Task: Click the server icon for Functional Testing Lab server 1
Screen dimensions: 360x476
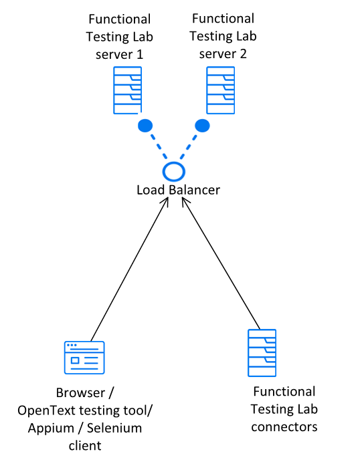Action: pos(128,90)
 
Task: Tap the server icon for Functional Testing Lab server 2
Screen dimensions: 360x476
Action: pos(221,90)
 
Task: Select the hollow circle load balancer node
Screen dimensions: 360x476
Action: pos(174,172)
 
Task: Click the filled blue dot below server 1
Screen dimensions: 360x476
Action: pos(145,126)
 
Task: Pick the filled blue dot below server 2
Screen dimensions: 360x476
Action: pos(202,126)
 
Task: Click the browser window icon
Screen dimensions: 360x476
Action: pos(84,358)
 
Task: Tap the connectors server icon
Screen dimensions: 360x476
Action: pos(262,353)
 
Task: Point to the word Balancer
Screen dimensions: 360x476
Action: pos(195,190)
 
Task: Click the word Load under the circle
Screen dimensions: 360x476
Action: pos(151,190)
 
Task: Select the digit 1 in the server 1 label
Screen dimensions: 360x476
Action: pos(139,54)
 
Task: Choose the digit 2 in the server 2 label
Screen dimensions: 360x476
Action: pos(243,53)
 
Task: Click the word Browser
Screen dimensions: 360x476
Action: pos(80,393)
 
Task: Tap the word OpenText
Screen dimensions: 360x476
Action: pos(46,410)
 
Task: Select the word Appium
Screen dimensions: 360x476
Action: pos(51,429)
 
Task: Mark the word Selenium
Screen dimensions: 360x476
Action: pos(114,428)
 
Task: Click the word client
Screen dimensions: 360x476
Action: pos(85,446)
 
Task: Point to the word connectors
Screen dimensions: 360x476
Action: pos(284,427)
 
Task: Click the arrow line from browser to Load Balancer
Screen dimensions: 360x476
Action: pos(129,269)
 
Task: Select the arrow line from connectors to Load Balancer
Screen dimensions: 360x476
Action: pos(221,263)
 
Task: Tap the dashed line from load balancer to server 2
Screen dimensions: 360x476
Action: pos(188,147)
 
